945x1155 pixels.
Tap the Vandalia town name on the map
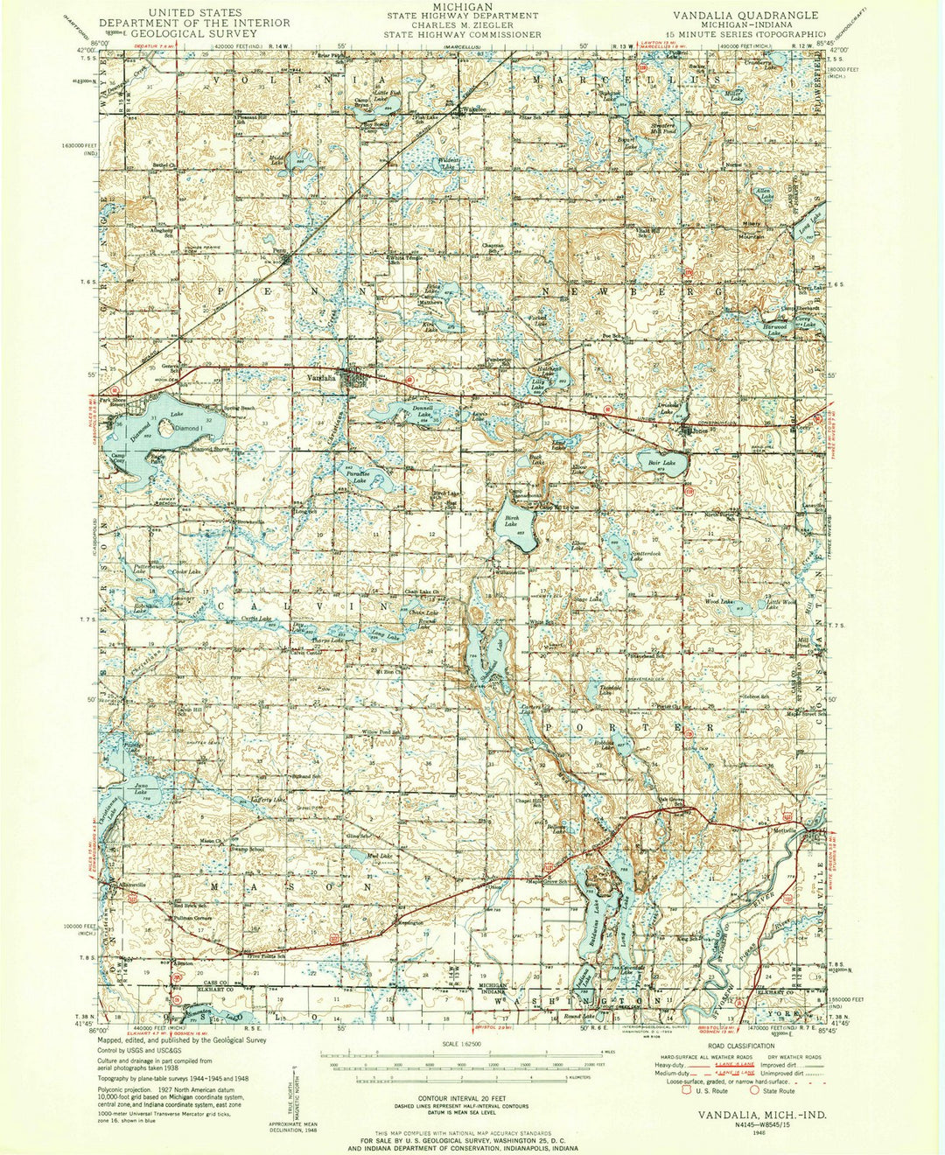point(321,378)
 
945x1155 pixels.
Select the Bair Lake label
point(661,462)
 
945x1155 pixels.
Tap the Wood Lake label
point(718,601)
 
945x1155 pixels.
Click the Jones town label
point(699,430)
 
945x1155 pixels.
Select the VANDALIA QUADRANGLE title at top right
point(745,15)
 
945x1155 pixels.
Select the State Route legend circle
point(755,1090)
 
